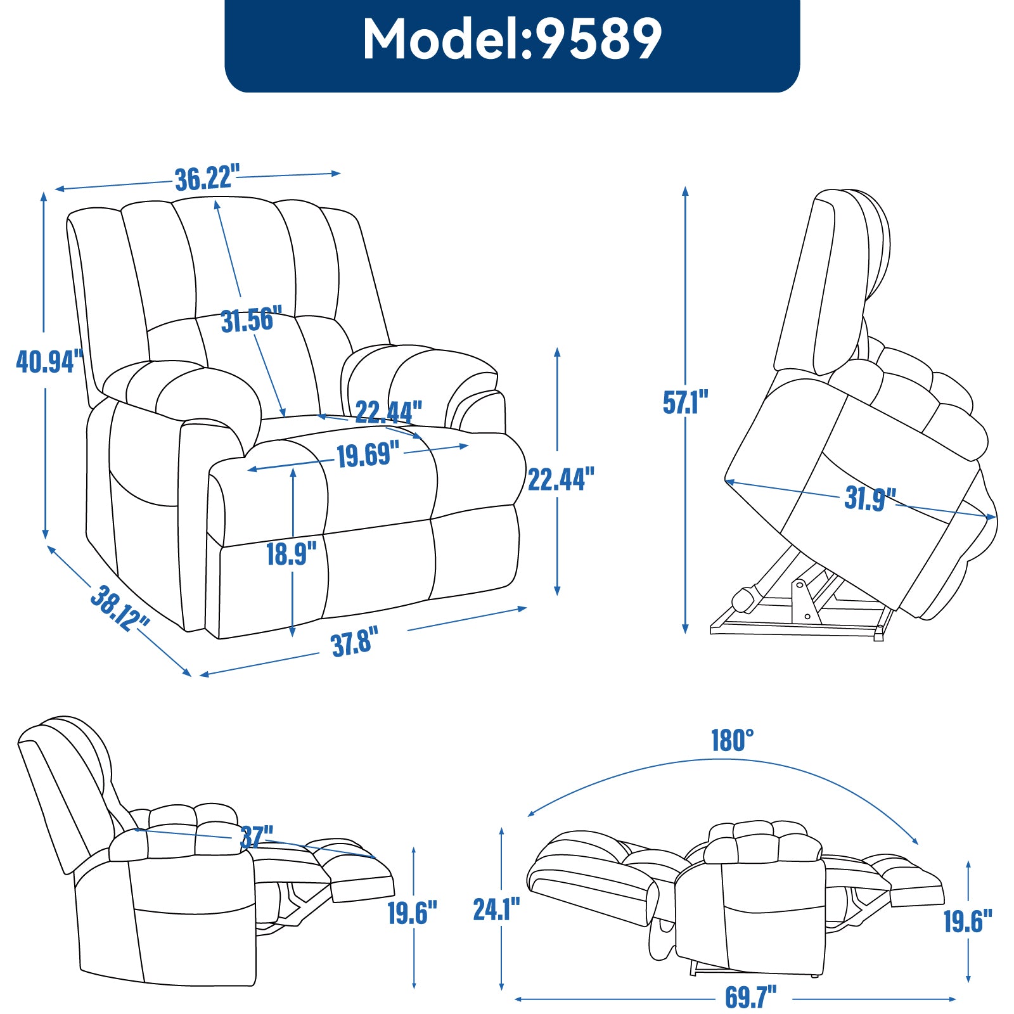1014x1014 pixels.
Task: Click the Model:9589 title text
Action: tap(512, 39)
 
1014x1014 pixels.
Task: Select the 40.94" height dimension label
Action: tap(49, 361)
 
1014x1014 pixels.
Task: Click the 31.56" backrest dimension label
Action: tap(251, 320)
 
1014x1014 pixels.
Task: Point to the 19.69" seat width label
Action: tap(368, 455)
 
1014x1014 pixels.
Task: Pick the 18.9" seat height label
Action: tap(291, 554)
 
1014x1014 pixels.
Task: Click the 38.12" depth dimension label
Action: tap(119, 608)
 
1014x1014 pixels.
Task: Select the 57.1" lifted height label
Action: tap(685, 402)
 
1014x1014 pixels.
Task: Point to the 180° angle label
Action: tap(732, 740)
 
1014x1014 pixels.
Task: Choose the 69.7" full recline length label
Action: tap(750, 997)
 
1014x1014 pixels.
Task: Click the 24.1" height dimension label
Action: tap(496, 909)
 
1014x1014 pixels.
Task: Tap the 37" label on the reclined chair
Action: tap(257, 837)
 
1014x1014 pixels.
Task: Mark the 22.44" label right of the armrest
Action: tap(561, 479)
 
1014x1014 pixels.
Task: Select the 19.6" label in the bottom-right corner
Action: tap(968, 921)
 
